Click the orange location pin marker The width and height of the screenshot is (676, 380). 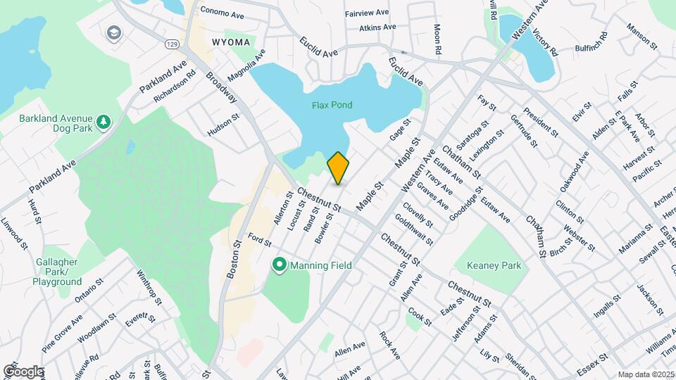click(338, 167)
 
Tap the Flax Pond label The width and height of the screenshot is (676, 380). click(332, 106)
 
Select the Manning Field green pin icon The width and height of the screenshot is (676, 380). click(280, 265)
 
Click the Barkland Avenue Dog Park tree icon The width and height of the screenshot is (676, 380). click(104, 122)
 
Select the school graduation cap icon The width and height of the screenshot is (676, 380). click(113, 32)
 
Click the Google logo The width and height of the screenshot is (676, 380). click(23, 371)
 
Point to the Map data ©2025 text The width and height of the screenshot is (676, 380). click(645, 374)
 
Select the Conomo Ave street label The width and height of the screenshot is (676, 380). click(222, 11)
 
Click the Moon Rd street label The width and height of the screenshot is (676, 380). click(437, 42)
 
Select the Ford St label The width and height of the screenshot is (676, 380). click(259, 241)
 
